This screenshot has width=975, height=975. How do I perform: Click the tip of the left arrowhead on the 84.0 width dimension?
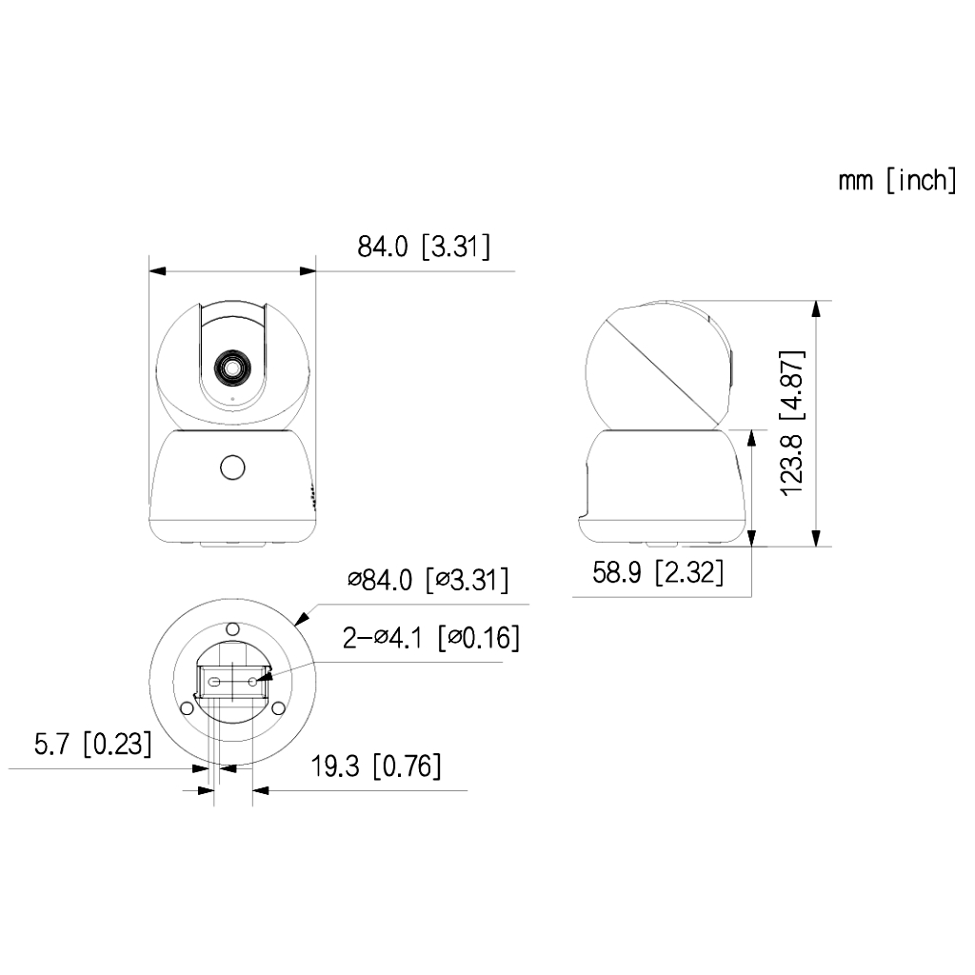coord(149,271)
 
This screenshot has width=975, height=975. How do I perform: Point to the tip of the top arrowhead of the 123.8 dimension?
coord(816,301)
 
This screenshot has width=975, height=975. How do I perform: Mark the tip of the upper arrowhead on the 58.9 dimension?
coord(751,430)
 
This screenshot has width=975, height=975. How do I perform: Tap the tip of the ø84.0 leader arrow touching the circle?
coord(295,625)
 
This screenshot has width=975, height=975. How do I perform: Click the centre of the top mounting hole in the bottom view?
coord(232,628)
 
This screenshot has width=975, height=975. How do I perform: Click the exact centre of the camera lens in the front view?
coord(232,368)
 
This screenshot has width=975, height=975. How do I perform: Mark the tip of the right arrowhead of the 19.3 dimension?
coord(252,791)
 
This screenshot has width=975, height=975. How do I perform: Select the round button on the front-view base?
coord(232,468)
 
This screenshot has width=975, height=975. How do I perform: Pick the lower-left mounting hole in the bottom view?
coord(186,708)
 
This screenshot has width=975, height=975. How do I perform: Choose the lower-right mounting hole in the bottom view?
coord(279,708)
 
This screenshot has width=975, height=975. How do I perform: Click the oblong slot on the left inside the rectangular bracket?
coord(214,682)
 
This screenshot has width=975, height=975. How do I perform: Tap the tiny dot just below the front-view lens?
coord(232,399)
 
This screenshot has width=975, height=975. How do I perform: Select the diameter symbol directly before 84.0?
coord(354,580)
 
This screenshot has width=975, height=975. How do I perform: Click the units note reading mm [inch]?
coord(897,180)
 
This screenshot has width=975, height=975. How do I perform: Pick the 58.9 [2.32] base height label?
coord(658,572)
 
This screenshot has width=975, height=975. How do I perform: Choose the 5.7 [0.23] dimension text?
coord(92,744)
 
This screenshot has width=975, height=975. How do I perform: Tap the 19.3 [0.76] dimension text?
coord(376,766)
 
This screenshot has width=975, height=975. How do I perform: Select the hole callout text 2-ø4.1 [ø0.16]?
coord(431,638)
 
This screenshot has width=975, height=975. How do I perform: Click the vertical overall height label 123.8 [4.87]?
coord(792,424)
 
